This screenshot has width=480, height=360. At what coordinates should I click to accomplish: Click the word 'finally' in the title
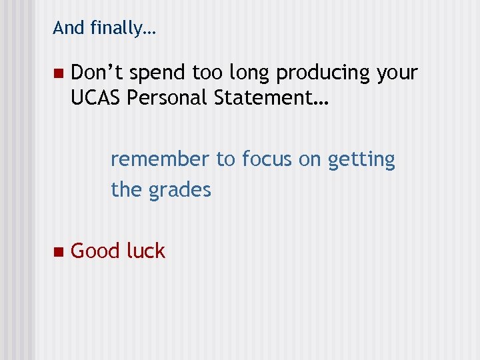[x=119, y=28]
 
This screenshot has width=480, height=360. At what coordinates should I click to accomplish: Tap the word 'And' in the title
[x=67, y=27]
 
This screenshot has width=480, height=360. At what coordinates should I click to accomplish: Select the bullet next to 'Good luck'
[x=57, y=252]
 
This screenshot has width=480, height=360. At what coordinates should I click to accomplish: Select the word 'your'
[x=397, y=73]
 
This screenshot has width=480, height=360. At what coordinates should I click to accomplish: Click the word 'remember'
[x=160, y=159]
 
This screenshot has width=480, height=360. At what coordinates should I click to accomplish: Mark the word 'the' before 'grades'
[x=126, y=190]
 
